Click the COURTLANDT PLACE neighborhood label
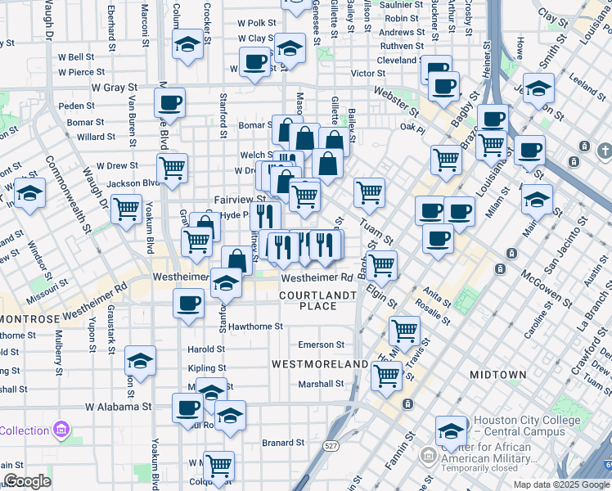click(318, 300)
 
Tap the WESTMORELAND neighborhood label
click(320, 363)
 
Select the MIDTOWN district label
click(497, 374)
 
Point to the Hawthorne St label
click(255, 326)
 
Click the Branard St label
click(283, 443)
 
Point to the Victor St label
click(368, 73)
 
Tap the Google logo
click(27, 481)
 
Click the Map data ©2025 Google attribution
click(561, 484)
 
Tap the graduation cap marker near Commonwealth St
click(29, 195)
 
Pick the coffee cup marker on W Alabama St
click(187, 406)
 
